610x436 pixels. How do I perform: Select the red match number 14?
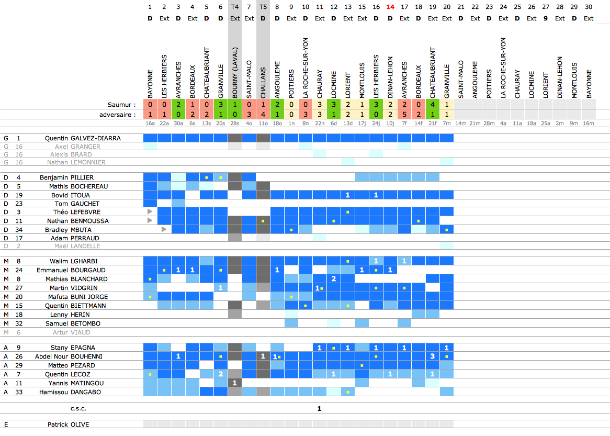pyautogui.click(x=390, y=7)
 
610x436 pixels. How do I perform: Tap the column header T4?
pyautogui.click(x=235, y=7)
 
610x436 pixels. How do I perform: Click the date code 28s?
pyautogui.click(x=235, y=124)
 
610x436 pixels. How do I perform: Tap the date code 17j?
pyautogui.click(x=362, y=124)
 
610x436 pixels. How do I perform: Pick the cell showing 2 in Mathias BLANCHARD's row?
pyautogui.click(x=334, y=279)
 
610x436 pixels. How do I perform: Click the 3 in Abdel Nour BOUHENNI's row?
pyautogui.click(x=433, y=356)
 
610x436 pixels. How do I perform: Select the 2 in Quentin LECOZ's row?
pyautogui.click(x=221, y=374)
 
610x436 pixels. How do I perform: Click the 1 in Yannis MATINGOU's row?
pyautogui.click(x=235, y=383)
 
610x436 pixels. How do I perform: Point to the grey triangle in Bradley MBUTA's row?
pyautogui.click(x=164, y=229)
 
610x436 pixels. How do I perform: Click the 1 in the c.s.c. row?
pyautogui.click(x=320, y=409)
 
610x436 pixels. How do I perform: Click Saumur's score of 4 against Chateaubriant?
pyautogui.click(x=433, y=105)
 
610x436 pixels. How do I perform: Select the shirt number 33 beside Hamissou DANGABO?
pyautogui.click(x=19, y=392)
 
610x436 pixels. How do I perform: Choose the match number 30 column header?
pyautogui.click(x=589, y=7)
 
